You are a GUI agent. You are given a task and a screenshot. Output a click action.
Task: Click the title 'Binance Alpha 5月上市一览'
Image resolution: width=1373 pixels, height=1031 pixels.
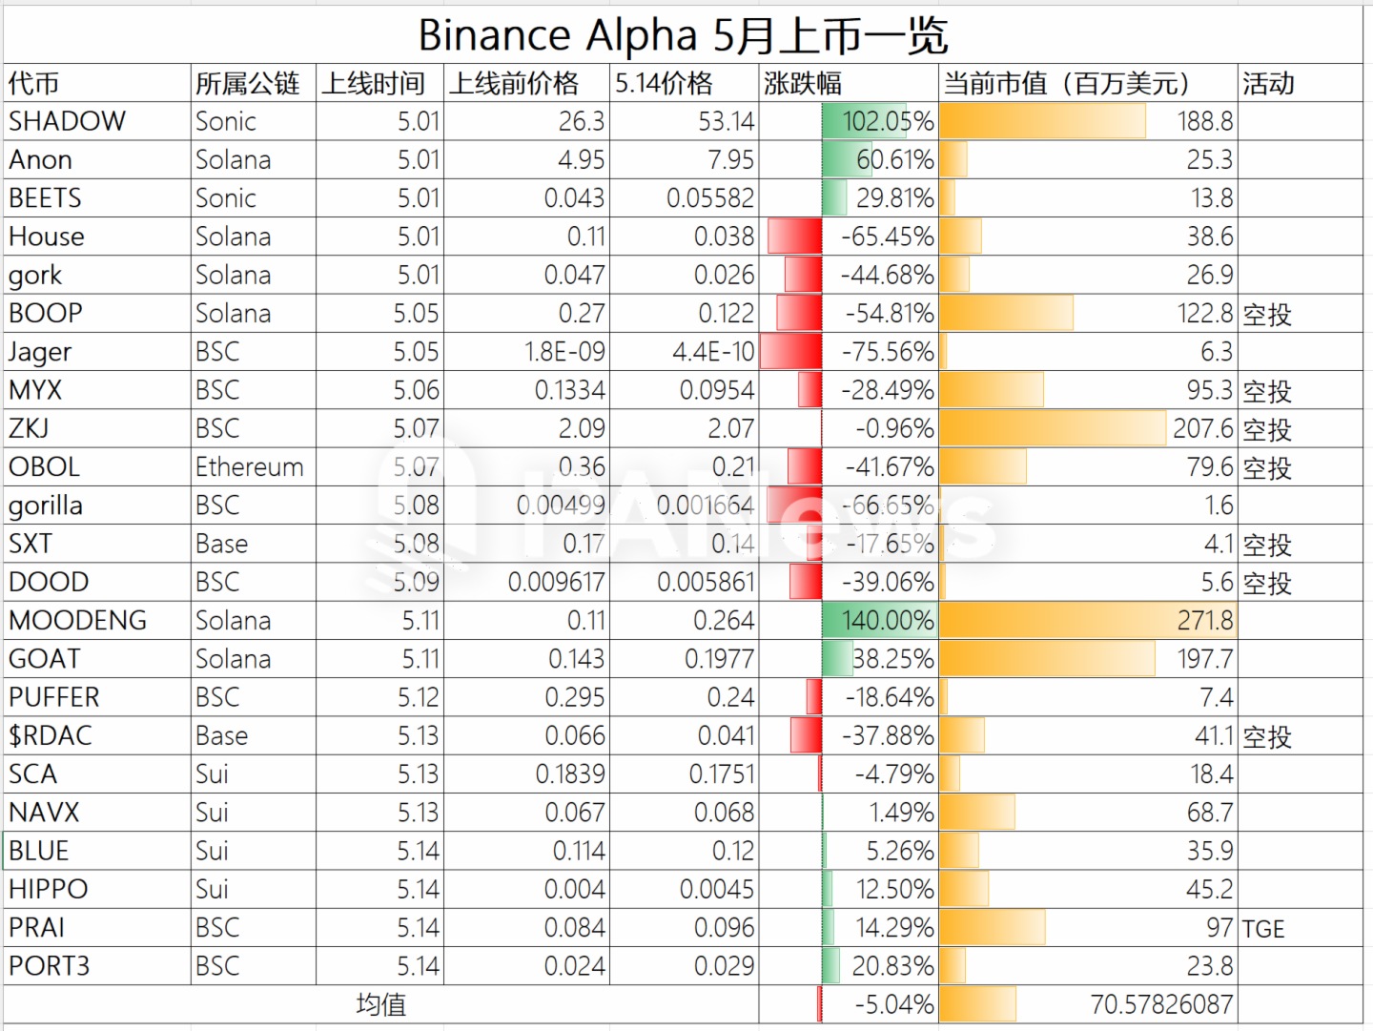click(683, 36)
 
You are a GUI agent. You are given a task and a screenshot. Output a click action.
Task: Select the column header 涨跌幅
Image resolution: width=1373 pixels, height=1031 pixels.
click(803, 84)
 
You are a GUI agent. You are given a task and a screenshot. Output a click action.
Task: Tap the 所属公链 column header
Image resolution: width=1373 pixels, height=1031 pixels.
click(248, 84)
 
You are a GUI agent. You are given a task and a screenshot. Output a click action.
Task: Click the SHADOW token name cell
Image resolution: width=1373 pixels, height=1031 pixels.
click(68, 121)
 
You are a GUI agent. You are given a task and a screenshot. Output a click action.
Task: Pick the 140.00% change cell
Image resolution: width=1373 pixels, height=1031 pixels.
click(887, 621)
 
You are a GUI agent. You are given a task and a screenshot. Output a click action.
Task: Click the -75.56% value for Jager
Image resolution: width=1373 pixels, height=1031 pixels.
click(887, 352)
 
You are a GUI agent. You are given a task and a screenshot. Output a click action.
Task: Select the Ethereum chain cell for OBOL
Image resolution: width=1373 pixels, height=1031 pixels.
click(250, 467)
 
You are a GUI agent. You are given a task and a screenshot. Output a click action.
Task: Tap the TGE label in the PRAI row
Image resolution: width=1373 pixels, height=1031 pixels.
click(1263, 928)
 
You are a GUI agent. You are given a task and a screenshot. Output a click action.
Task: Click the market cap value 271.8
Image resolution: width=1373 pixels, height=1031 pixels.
click(1204, 621)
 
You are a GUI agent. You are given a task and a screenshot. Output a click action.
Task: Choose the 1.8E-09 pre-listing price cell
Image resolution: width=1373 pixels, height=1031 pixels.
click(564, 352)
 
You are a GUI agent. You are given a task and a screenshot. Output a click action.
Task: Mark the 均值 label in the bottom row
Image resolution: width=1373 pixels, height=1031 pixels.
click(381, 1004)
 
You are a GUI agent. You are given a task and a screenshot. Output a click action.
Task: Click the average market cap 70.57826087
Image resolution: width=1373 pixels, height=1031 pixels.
click(1161, 1004)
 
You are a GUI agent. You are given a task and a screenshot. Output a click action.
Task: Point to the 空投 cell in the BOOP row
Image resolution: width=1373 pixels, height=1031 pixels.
click(1267, 314)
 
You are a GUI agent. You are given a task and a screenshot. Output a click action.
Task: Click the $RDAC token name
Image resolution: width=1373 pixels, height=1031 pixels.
click(51, 736)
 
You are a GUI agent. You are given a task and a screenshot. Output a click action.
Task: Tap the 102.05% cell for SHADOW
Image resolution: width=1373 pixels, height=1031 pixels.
click(888, 121)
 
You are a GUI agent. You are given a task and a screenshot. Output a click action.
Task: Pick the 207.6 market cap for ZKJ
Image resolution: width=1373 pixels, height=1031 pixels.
click(1202, 429)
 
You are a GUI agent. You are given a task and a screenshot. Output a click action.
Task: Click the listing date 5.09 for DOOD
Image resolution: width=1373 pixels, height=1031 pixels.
click(417, 583)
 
